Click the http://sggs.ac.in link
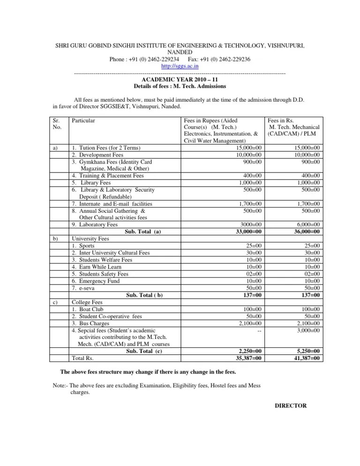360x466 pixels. pos(180,67)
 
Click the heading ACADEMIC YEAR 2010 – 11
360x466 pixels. pos(180,80)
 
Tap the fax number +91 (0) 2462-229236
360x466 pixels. pos(218,60)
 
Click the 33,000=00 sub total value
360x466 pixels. pos(249,231)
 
